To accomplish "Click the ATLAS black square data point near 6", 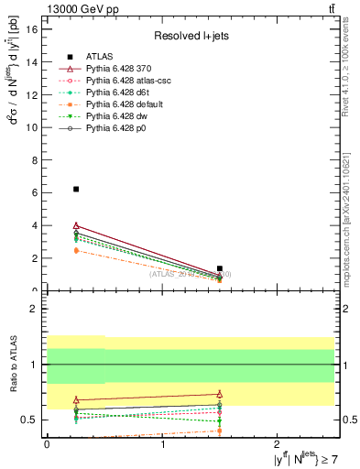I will (76, 189).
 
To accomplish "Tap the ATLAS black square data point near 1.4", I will (220, 268).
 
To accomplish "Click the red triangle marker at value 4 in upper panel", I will (76, 225).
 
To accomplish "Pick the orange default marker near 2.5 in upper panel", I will (76, 250).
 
